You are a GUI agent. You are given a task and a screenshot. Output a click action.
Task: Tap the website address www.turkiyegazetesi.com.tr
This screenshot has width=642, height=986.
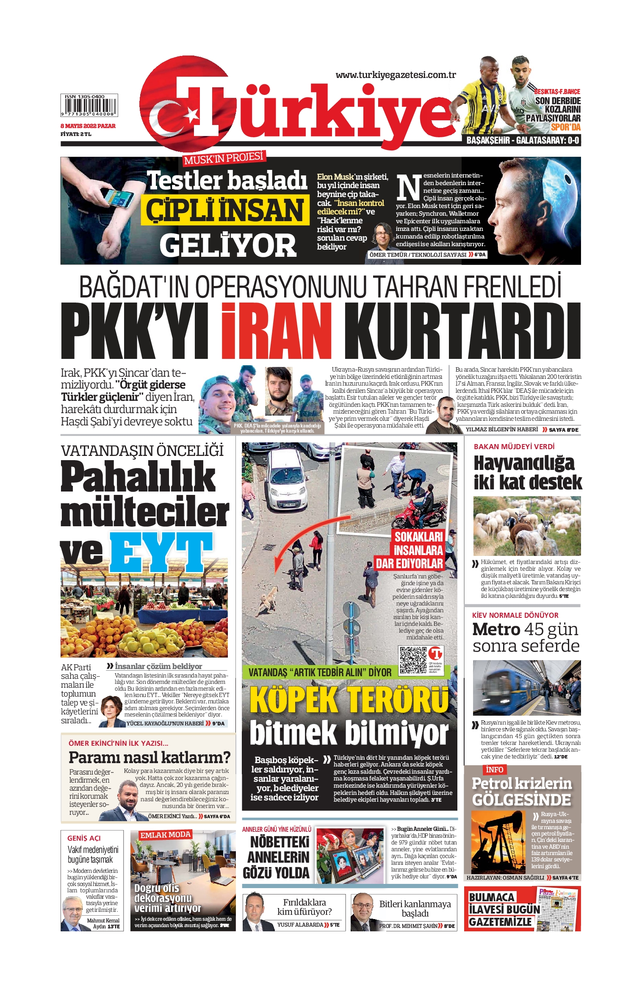396,75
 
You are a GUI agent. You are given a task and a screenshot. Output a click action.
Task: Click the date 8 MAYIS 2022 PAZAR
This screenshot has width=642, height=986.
88,126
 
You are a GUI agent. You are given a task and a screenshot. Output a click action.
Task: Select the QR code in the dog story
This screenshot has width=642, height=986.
413,660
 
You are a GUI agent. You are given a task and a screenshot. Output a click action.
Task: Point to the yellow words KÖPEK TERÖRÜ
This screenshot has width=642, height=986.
349,700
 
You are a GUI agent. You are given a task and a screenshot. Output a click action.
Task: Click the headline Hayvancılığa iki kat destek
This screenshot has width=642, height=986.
527,472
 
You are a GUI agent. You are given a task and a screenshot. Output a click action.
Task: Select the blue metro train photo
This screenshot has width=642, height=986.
526,687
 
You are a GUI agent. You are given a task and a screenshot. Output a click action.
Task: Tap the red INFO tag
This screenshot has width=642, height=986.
494,769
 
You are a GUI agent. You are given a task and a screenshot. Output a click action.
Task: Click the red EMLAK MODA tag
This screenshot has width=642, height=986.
166,835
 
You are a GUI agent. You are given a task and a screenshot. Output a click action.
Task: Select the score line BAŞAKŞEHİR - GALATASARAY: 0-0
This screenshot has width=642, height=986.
523,140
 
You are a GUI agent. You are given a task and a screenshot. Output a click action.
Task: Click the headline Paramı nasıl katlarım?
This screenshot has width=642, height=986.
149,757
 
